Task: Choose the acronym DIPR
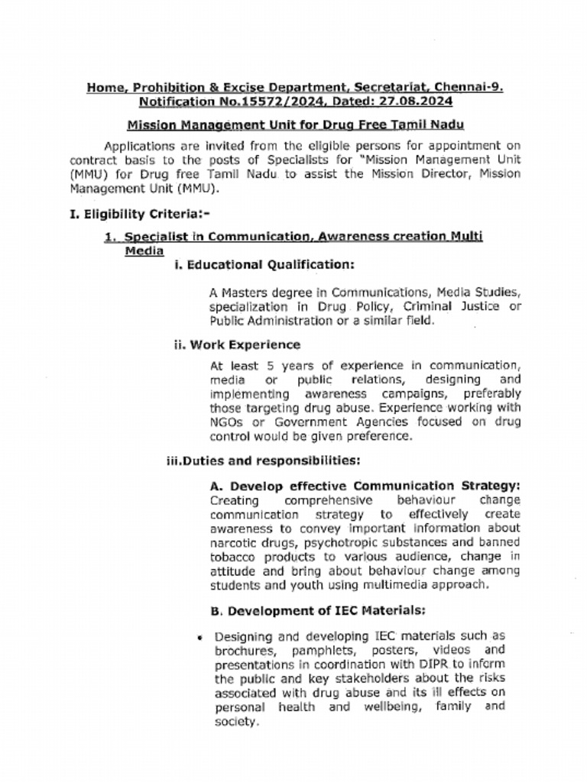point(430,664)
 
